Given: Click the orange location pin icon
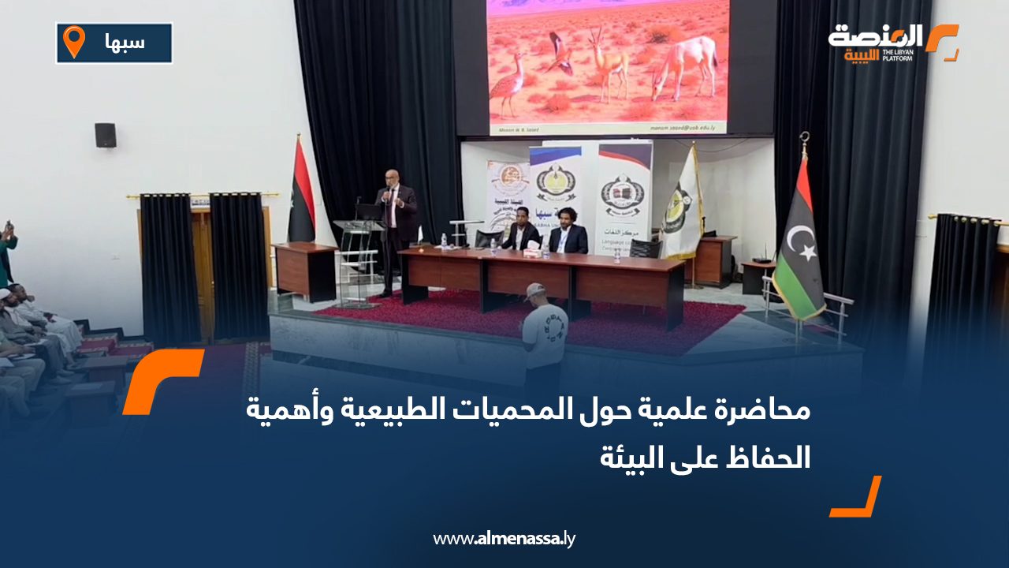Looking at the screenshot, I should click(x=74, y=41).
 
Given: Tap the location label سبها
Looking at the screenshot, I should click(x=125, y=43).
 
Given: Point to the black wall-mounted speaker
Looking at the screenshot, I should click(x=106, y=135).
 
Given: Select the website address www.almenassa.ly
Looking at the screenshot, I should click(x=504, y=539).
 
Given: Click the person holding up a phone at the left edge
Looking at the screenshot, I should click(x=7, y=252).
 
